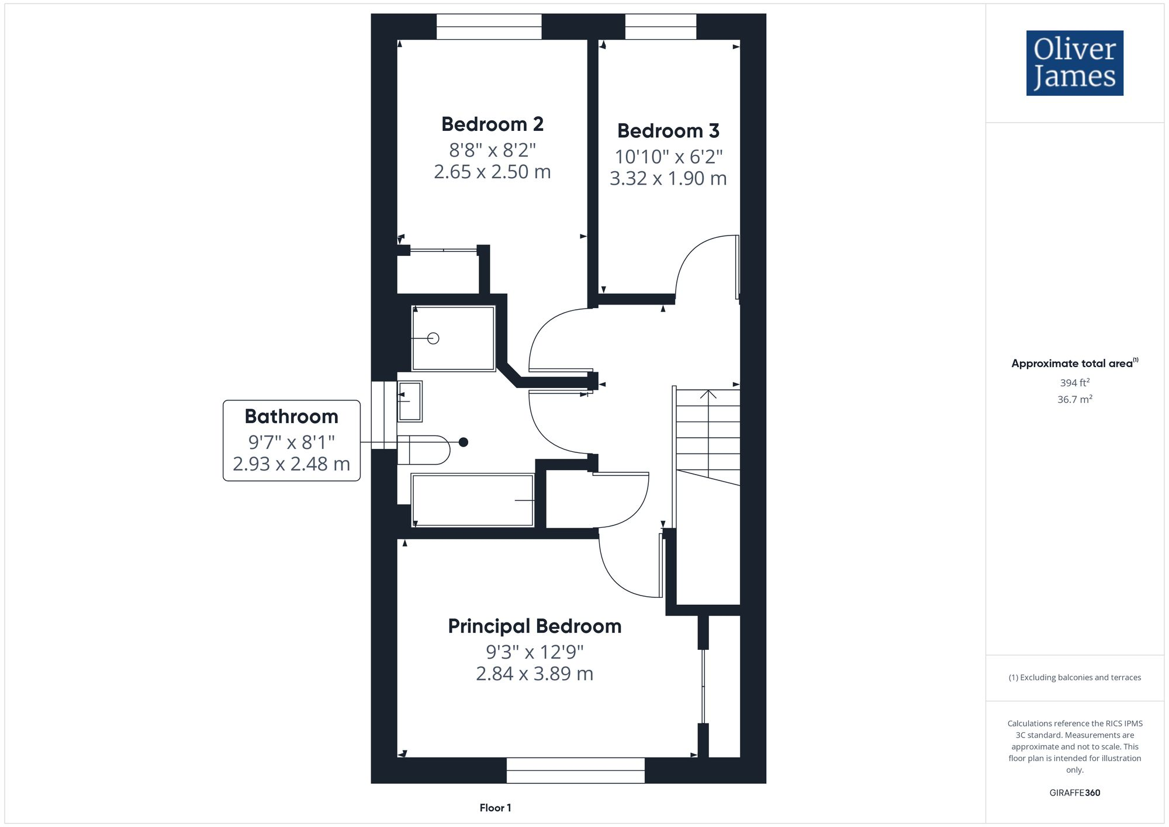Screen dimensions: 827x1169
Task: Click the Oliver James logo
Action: [x=1074, y=63]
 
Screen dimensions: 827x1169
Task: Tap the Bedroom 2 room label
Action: [x=492, y=124]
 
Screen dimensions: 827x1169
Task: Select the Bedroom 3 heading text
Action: [x=668, y=131]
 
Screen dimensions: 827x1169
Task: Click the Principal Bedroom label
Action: [x=534, y=627]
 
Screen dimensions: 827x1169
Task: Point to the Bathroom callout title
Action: [x=291, y=417]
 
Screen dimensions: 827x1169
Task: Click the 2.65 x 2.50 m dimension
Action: [x=492, y=172]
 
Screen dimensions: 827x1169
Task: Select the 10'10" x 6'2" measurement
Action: [x=668, y=157]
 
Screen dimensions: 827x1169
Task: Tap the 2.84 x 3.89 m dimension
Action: [x=534, y=674]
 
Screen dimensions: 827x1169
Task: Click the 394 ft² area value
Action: [x=1074, y=383]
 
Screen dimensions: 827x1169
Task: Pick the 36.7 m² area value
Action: [x=1074, y=400]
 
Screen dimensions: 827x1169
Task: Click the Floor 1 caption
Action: [x=495, y=808]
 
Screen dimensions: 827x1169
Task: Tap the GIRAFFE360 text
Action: [x=1074, y=793]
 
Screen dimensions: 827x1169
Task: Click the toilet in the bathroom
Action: [x=423, y=450]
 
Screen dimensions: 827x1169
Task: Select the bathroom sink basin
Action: [x=410, y=401]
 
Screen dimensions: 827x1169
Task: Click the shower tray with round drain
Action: [x=454, y=338]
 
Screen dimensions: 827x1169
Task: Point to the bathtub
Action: [x=472, y=500]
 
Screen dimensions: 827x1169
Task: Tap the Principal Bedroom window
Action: [x=575, y=770]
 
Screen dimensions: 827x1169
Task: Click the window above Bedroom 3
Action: [x=660, y=26]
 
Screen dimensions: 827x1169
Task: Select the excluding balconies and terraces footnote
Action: [x=1074, y=678]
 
